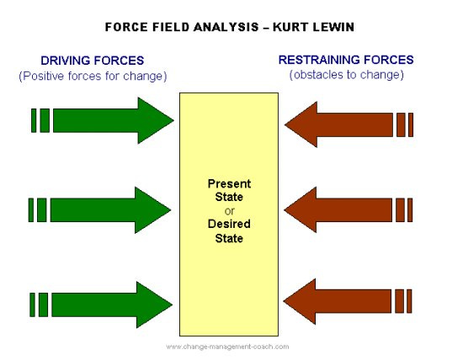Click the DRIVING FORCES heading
pos(93,61)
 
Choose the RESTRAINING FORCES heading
pos(346,60)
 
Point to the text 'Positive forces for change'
pos(93,76)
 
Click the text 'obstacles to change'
pos(346,75)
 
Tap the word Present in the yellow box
pos(229,183)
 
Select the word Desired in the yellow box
pos(229,225)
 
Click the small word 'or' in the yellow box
pos(229,211)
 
